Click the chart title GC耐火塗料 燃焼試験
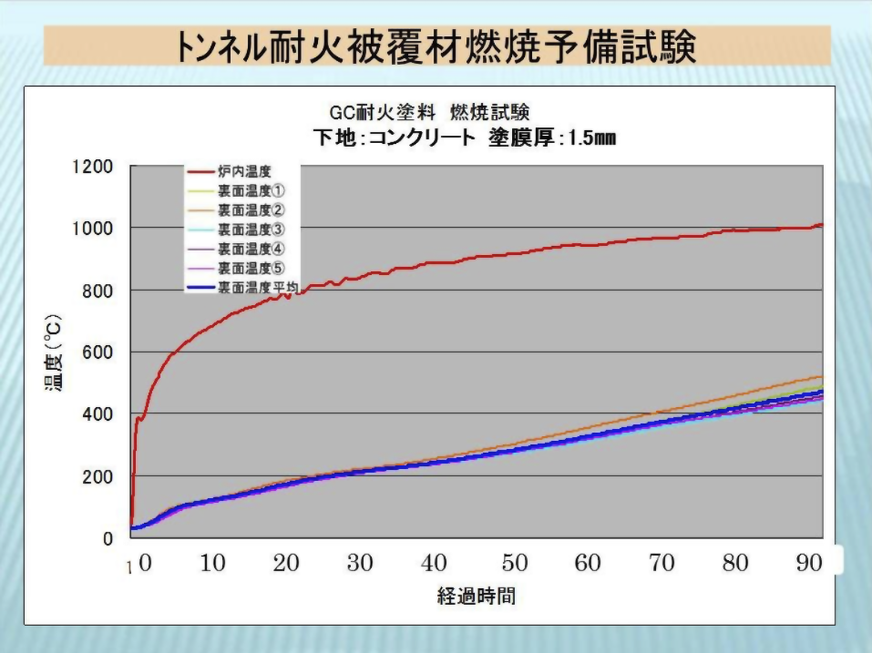pos(428,113)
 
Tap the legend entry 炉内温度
pos(244,170)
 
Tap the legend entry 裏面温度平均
pos(258,287)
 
